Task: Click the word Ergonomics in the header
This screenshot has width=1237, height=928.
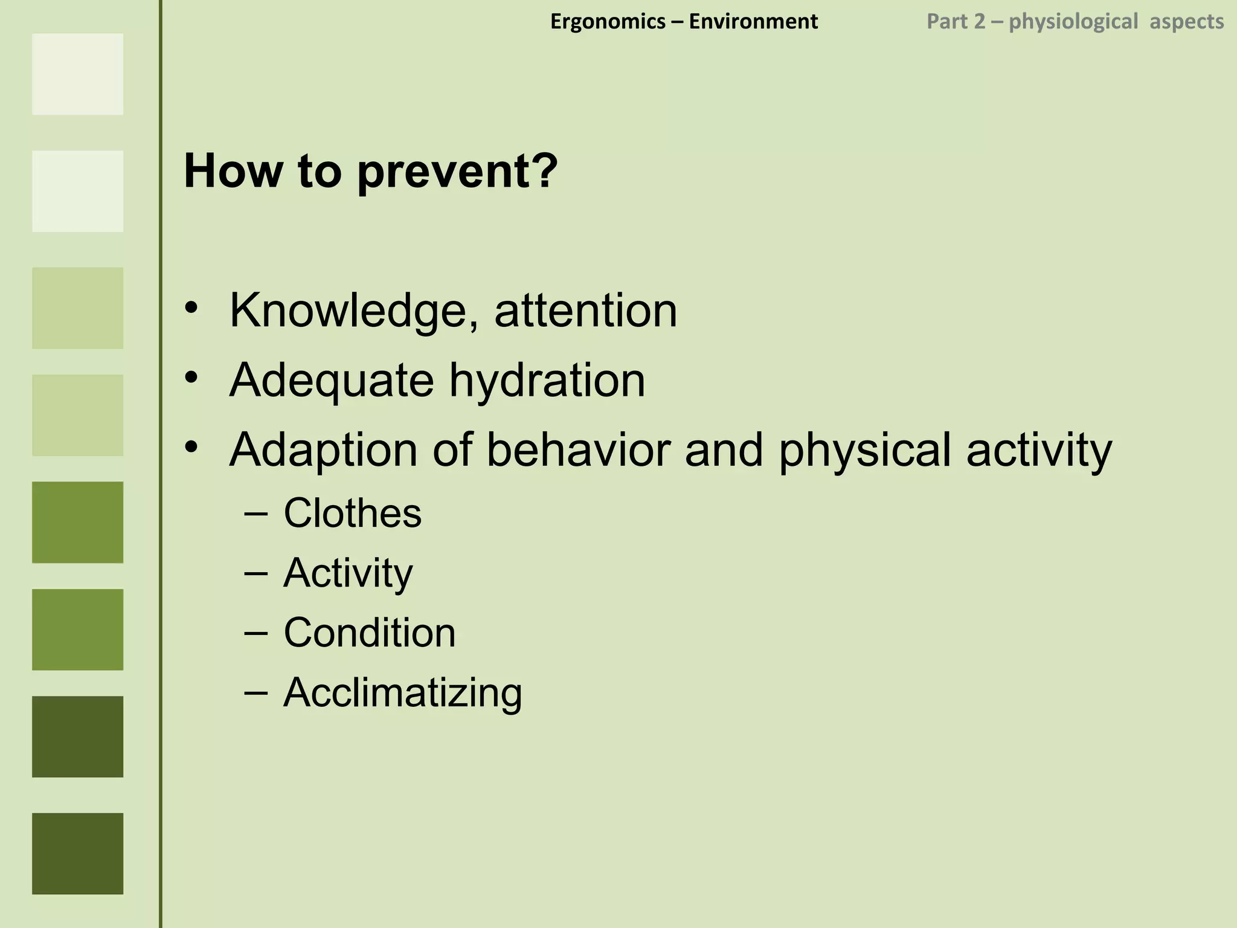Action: coord(608,22)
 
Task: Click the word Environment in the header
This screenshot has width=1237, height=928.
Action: coord(753,22)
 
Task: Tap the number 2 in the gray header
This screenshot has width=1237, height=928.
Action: coord(979,22)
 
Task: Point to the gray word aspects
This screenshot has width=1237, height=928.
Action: coord(1186,22)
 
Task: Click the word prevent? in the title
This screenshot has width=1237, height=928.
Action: coord(457,172)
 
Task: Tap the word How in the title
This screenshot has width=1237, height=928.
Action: coord(233,171)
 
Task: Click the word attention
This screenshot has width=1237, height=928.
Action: coord(585,311)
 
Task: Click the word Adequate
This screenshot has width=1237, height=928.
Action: coord(332,381)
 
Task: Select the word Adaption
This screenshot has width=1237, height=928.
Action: coord(323,451)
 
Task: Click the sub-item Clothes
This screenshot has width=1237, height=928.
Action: coord(352,514)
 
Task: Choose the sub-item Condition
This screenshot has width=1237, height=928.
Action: coord(369,633)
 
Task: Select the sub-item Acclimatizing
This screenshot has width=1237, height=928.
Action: coord(402,693)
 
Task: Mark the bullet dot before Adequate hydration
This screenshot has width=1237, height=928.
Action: coord(191,378)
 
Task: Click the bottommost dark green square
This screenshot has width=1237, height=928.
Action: coord(77,853)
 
